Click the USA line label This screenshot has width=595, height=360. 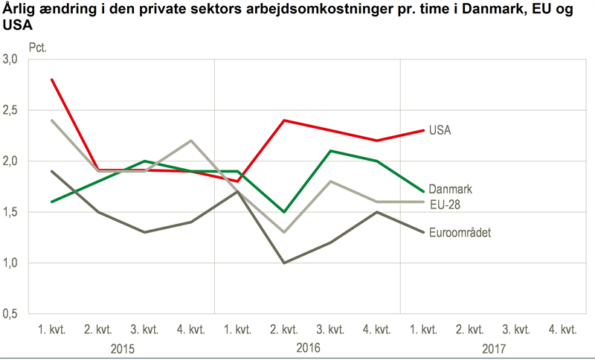[440, 130]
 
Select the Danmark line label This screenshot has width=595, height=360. [451, 190]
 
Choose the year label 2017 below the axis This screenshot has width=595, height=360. [493, 348]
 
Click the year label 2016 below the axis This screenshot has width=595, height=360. [307, 348]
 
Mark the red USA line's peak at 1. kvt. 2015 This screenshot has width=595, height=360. [52, 80]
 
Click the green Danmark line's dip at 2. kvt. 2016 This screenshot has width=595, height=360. [284, 212]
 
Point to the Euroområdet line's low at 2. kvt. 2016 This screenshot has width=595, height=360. [284, 263]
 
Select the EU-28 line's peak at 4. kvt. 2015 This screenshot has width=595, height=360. [191, 141]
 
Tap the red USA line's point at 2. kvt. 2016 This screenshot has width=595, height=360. [284, 120]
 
